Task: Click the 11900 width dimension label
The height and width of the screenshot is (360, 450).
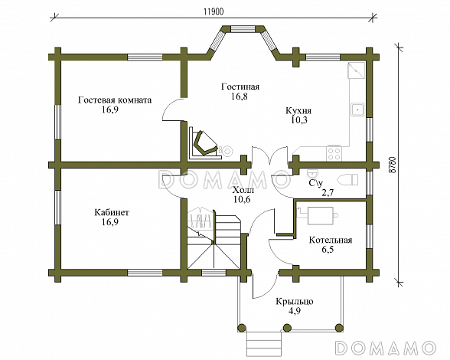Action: click(x=214, y=11)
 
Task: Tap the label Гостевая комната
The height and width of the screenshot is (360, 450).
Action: click(x=115, y=100)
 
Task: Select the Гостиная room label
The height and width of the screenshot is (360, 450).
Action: click(x=240, y=87)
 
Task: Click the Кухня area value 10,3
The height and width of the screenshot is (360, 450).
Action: click(x=299, y=120)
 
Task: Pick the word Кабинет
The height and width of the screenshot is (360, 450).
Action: click(x=112, y=213)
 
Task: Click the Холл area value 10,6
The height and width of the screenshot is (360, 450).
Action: click(x=242, y=199)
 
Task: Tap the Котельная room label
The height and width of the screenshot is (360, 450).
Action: click(x=331, y=240)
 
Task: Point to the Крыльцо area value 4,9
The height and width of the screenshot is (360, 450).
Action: click(x=295, y=311)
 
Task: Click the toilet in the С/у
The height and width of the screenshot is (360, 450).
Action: click(x=348, y=180)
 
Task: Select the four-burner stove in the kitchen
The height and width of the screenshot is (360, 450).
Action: click(x=334, y=153)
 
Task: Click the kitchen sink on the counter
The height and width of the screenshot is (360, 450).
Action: click(x=357, y=110)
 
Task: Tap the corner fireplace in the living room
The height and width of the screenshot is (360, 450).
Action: click(x=204, y=142)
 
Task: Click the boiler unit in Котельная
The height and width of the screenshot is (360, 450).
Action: click(x=321, y=215)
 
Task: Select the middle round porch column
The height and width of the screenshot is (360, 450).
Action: click(x=286, y=328)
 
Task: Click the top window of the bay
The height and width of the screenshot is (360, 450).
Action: click(x=243, y=29)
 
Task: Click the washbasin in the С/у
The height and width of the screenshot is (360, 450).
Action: click(x=312, y=174)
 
